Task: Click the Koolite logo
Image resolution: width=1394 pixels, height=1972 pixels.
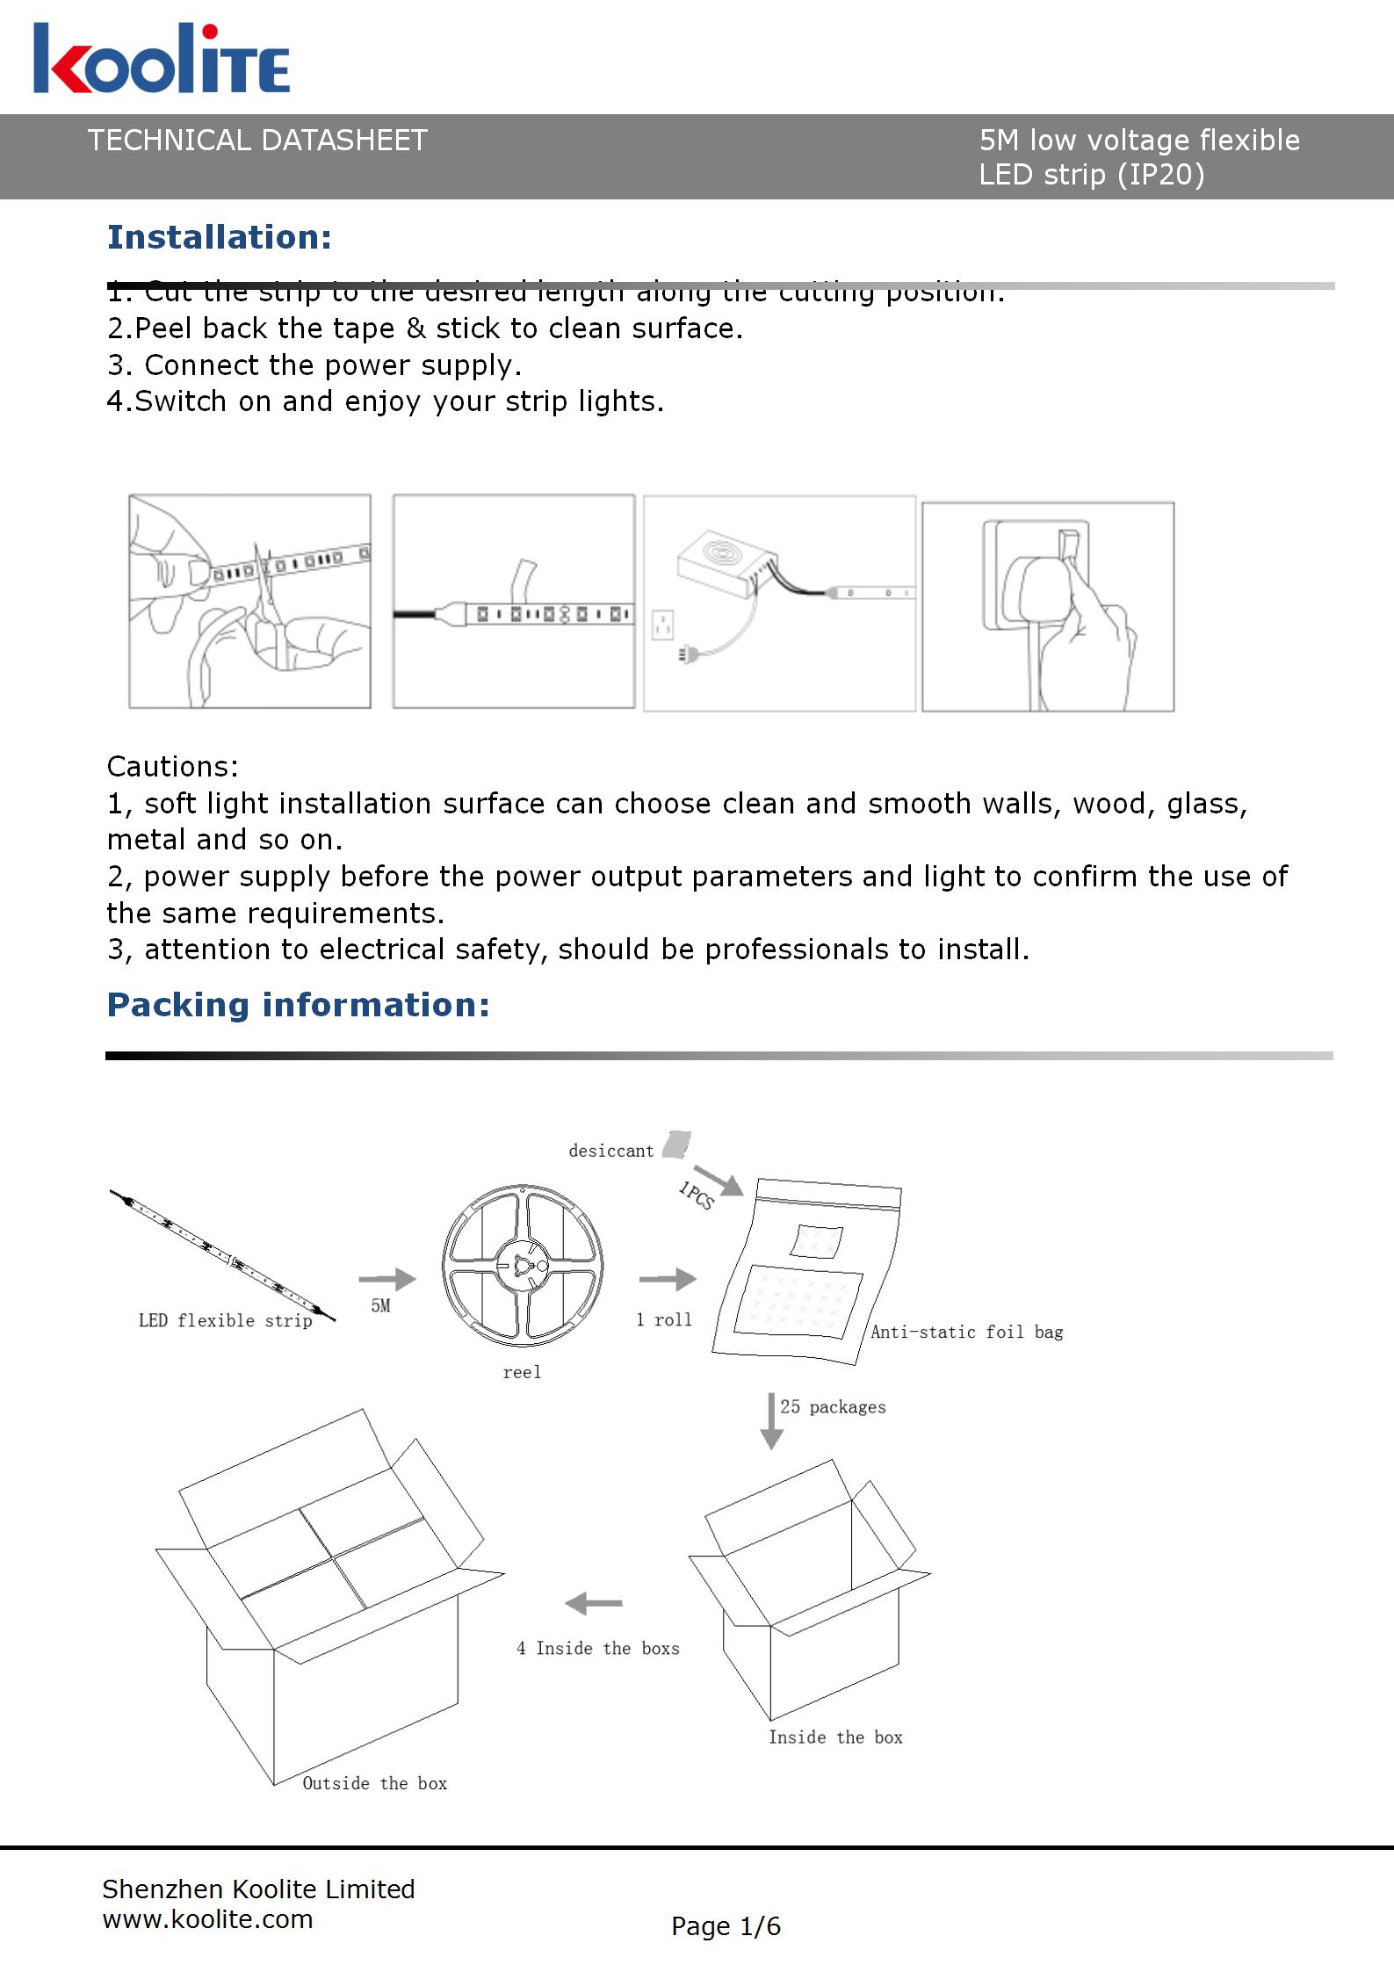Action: tap(162, 60)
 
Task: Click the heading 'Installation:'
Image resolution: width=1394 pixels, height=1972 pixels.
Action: tap(220, 237)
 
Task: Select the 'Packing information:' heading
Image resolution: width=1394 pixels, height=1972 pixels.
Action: tap(298, 1005)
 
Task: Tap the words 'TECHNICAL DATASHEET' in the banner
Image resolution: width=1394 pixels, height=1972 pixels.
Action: tap(257, 141)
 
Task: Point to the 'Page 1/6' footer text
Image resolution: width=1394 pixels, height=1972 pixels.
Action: tap(726, 1926)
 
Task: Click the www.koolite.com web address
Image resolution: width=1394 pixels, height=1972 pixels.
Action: tap(208, 1919)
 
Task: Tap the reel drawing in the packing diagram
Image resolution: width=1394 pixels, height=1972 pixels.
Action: tap(523, 1266)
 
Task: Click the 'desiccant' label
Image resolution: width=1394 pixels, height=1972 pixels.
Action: tap(611, 1151)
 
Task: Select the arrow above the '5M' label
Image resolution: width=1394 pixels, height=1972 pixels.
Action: tap(386, 1279)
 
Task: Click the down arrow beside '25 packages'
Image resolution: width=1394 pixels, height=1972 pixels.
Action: tap(771, 1420)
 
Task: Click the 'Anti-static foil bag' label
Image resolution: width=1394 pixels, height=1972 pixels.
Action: tap(966, 1333)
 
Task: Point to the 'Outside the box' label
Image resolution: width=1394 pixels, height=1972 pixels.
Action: tap(375, 1783)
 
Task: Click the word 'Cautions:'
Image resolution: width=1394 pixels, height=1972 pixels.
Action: tap(172, 767)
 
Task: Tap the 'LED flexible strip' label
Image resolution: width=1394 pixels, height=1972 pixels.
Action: tap(226, 1320)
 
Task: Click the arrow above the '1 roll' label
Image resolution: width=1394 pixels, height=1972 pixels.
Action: tap(668, 1279)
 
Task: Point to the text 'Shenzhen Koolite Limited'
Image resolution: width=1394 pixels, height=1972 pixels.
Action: tap(258, 1889)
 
